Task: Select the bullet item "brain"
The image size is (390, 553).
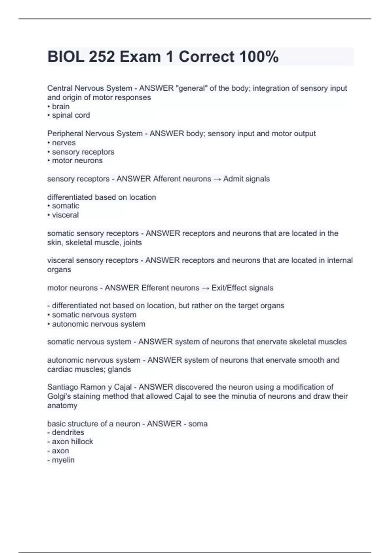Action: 60,106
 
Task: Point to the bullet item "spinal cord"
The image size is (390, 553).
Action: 71,115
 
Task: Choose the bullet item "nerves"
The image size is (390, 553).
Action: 64,143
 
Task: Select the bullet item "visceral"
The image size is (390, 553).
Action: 65,215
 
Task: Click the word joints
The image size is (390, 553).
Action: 132,243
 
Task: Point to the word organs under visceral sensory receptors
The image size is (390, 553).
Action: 59,270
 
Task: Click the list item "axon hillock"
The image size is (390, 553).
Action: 72,441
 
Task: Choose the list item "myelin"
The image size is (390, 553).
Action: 63,460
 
